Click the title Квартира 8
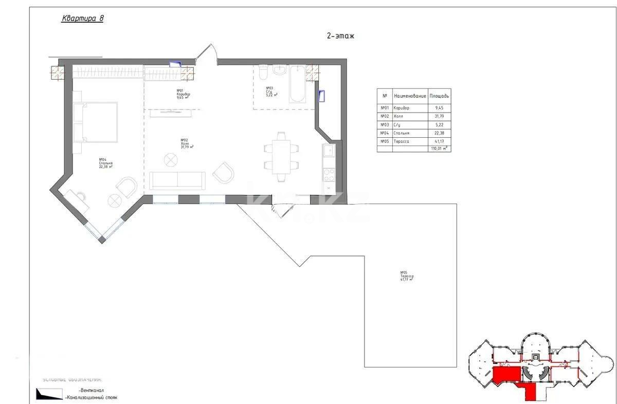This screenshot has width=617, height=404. (x=82, y=19)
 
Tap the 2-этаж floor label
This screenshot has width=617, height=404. (x=340, y=36)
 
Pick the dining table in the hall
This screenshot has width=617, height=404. (x=281, y=156)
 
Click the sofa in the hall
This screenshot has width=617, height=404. (x=177, y=181)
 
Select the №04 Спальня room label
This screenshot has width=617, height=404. (x=105, y=163)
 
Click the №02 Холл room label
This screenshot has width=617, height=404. (x=187, y=143)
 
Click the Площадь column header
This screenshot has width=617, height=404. (x=439, y=96)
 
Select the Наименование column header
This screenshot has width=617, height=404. (x=409, y=96)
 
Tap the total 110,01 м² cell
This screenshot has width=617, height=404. (x=439, y=149)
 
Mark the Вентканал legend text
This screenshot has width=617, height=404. (x=84, y=391)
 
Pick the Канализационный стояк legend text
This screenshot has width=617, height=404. (x=92, y=398)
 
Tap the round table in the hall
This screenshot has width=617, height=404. (x=170, y=160)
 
